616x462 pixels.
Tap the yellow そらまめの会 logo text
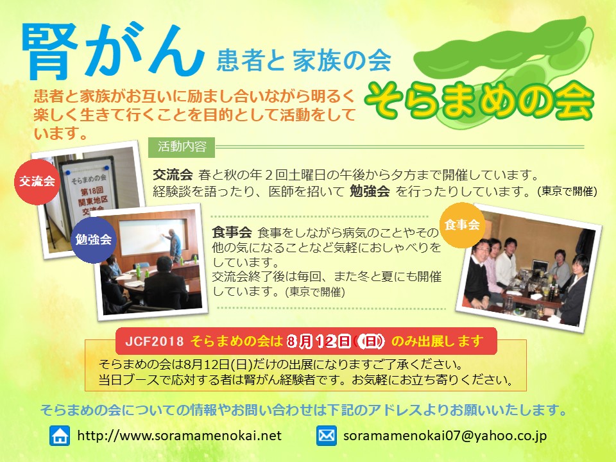pos(479,101)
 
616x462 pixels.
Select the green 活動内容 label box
pos(182,147)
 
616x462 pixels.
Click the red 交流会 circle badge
pos(37,182)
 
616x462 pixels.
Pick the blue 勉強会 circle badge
pos(94,239)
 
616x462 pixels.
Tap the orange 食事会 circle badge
pos(462,225)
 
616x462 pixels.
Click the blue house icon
pos(60,436)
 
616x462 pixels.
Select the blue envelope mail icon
pos(327,436)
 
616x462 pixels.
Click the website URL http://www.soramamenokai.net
pos(179,436)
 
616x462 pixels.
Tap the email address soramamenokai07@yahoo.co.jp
pos(445,436)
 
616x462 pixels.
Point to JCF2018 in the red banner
pos(155,341)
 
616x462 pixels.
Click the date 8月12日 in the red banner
pos(319,341)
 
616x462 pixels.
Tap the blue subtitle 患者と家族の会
pos(304,60)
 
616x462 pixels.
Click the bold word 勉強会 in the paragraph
pos(370,191)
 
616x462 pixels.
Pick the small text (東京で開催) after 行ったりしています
pos(567,191)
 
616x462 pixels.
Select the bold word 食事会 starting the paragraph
pos(232,232)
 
